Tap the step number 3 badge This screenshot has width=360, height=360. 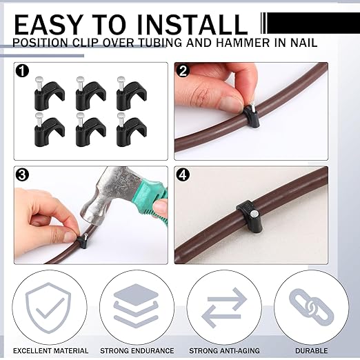click(23, 176)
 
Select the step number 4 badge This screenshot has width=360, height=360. click(183, 176)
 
